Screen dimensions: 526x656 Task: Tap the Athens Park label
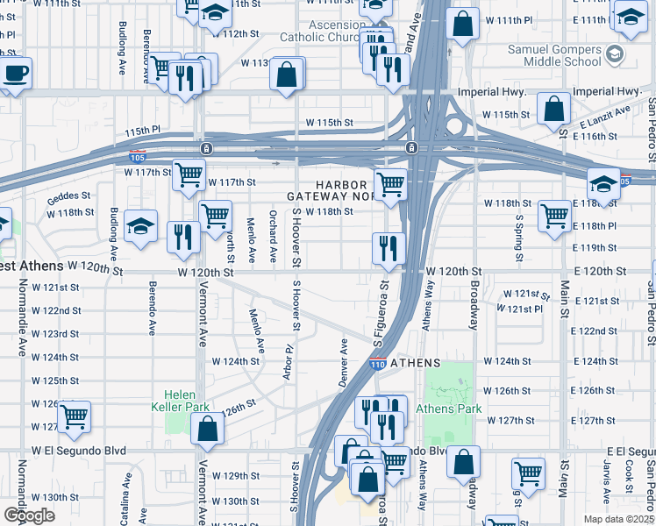point(448,409)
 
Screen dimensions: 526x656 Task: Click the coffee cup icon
point(15,73)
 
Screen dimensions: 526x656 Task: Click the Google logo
point(29,515)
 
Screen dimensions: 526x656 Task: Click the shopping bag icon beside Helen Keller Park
point(207,430)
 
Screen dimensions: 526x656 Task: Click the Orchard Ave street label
point(273,237)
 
